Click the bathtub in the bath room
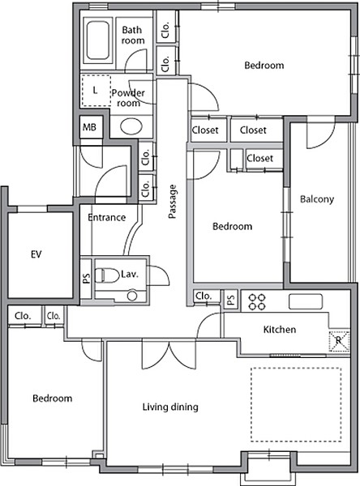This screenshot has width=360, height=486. click(98, 40)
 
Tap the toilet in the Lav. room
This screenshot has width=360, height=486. click(106, 275)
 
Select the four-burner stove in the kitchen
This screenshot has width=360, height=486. click(257, 302)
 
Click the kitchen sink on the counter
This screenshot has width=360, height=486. click(306, 301)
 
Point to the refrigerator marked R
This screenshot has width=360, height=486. click(339, 341)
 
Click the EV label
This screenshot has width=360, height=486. click(36, 254)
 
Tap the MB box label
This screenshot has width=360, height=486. click(89, 127)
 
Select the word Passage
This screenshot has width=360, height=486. click(172, 202)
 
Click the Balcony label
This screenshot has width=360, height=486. click(317, 199)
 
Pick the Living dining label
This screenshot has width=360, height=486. click(170, 407)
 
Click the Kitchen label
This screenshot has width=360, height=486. click(279, 329)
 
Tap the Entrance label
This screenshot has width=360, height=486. click(107, 217)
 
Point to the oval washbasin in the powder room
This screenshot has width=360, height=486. click(131, 126)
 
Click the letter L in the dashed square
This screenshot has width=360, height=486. click(96, 90)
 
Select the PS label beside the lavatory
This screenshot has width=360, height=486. click(86, 278)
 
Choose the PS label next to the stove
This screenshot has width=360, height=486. click(230, 300)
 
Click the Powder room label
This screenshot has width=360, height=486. click(128, 98)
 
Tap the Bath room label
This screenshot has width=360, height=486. click(133, 35)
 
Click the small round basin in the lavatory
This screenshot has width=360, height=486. click(132, 296)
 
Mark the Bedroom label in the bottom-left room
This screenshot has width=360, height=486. click(53, 399)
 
